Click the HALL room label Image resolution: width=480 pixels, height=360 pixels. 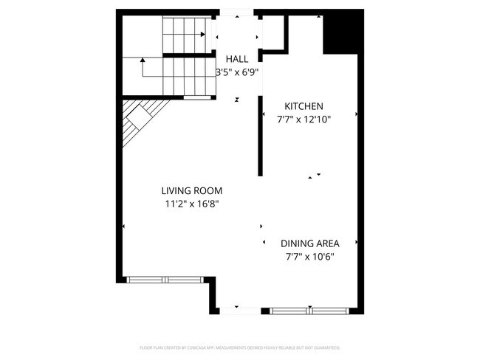pyautogui.click(x=237, y=59)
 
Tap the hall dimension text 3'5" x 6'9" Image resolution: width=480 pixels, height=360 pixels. pyautogui.click(x=237, y=72)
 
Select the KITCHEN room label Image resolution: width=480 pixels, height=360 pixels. pyautogui.click(x=304, y=106)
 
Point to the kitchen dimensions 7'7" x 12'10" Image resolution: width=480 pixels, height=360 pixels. pyautogui.click(x=304, y=120)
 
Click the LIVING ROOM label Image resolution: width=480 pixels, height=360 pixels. pyautogui.click(x=192, y=190)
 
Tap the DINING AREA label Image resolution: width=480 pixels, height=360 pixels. pyautogui.click(x=310, y=243)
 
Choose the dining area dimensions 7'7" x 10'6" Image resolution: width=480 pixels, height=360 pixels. pyautogui.click(x=310, y=257)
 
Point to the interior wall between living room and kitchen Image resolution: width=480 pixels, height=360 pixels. pyautogui.click(x=260, y=140)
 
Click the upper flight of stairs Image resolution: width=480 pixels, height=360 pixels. pyautogui.click(x=185, y=35)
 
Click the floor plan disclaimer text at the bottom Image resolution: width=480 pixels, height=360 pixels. pyautogui.click(x=240, y=347)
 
